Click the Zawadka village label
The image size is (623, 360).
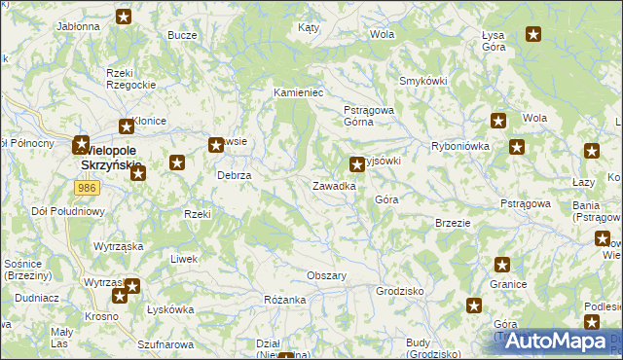333,185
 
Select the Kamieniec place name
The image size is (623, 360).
297,92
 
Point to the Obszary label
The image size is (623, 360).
327,275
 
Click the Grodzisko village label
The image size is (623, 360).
399,291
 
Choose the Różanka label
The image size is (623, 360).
285,300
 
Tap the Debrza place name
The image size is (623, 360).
235,175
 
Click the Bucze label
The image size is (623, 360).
182,35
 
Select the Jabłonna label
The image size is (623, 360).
79,26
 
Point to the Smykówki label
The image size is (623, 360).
422,81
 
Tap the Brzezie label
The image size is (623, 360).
453,222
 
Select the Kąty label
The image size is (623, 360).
309,28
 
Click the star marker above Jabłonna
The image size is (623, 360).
125,16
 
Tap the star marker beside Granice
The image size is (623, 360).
502,264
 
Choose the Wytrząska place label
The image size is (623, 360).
119,246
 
